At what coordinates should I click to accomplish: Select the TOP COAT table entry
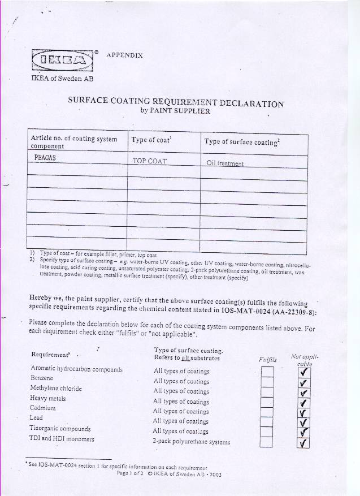point(150,161)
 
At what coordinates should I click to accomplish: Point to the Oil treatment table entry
point(225,163)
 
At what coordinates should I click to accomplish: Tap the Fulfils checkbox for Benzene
point(267,382)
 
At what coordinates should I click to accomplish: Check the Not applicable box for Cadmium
point(303,412)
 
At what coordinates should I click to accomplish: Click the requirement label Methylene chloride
point(56,389)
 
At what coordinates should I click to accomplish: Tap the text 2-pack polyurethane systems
point(191,441)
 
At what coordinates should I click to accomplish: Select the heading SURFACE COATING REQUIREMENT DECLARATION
point(176,102)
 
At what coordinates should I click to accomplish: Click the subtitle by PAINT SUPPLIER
point(175,111)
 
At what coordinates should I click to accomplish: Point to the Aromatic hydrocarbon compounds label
point(76,369)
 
